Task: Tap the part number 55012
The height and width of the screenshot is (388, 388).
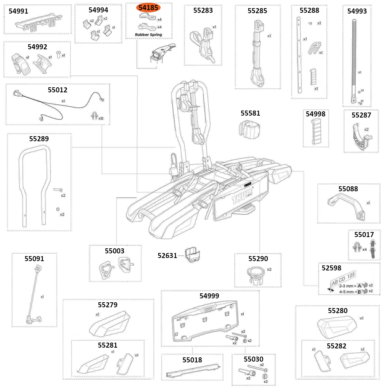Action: pos(57,90)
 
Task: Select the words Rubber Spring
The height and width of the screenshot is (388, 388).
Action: pos(148,35)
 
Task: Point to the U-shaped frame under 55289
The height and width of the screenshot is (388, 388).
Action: pos(35,182)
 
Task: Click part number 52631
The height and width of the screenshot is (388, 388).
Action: pos(167,255)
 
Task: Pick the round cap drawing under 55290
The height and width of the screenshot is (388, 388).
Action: pos(256,274)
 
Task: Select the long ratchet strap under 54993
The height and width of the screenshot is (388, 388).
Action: pos(355,58)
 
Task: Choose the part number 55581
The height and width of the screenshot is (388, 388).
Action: pos(250,113)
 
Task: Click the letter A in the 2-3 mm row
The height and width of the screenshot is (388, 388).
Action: pos(359,285)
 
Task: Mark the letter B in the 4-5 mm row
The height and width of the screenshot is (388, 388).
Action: pos(359,291)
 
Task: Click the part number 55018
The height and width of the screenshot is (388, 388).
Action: pos(192,360)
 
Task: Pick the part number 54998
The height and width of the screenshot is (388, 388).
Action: pos(315,114)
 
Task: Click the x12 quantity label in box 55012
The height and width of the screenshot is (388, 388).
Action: pos(101,118)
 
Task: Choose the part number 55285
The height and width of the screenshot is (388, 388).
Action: pos(257,11)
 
